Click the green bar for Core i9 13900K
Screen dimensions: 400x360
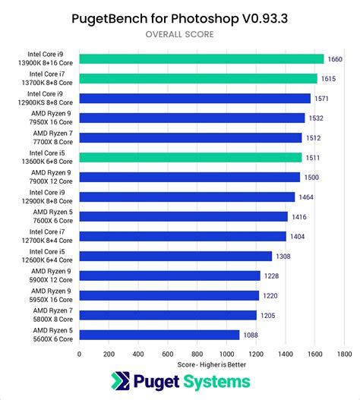pyautogui.click(x=201, y=58)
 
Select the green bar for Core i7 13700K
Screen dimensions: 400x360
pyautogui.click(x=198, y=78)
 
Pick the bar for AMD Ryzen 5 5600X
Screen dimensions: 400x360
pyautogui.click(x=159, y=335)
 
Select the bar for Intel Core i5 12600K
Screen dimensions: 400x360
pyautogui.click(x=175, y=256)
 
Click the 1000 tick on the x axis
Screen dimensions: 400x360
pyautogui.click(x=226, y=354)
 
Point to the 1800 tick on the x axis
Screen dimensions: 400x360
pyautogui.click(x=343, y=354)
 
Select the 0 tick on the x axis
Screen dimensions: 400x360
pyautogui.click(x=79, y=354)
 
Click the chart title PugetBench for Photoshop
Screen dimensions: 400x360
pyautogui.click(x=180, y=17)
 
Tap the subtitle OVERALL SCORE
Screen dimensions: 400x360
pyautogui.click(x=180, y=34)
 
